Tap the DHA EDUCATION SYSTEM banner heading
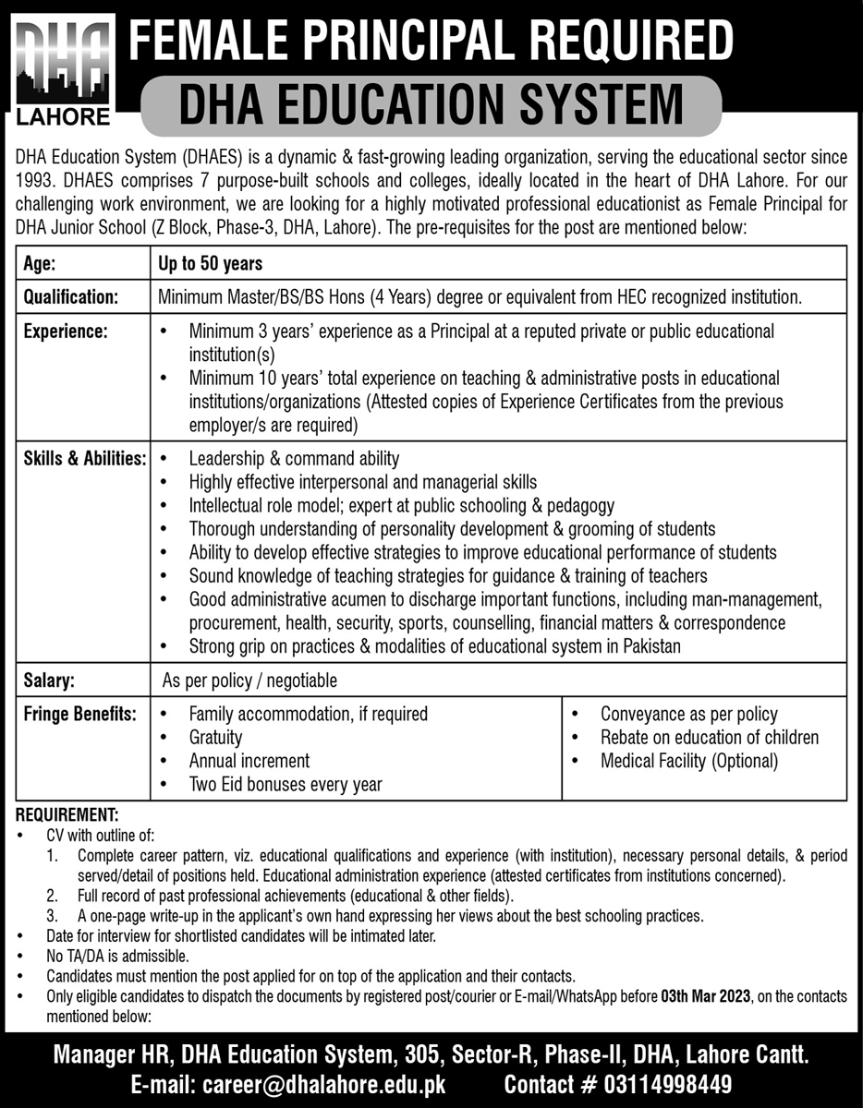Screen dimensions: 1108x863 [431, 104]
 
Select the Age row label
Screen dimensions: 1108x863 [40, 263]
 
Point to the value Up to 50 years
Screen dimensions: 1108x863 [210, 263]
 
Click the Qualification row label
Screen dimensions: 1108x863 [72, 297]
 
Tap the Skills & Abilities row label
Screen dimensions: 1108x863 [82, 458]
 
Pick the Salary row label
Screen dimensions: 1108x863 [50, 680]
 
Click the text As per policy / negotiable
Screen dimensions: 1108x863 [249, 680]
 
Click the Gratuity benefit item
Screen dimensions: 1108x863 [215, 737]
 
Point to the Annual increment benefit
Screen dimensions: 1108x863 [249, 761]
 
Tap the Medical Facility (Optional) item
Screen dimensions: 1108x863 [689, 761]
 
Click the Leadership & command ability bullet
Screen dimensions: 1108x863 [294, 458]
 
